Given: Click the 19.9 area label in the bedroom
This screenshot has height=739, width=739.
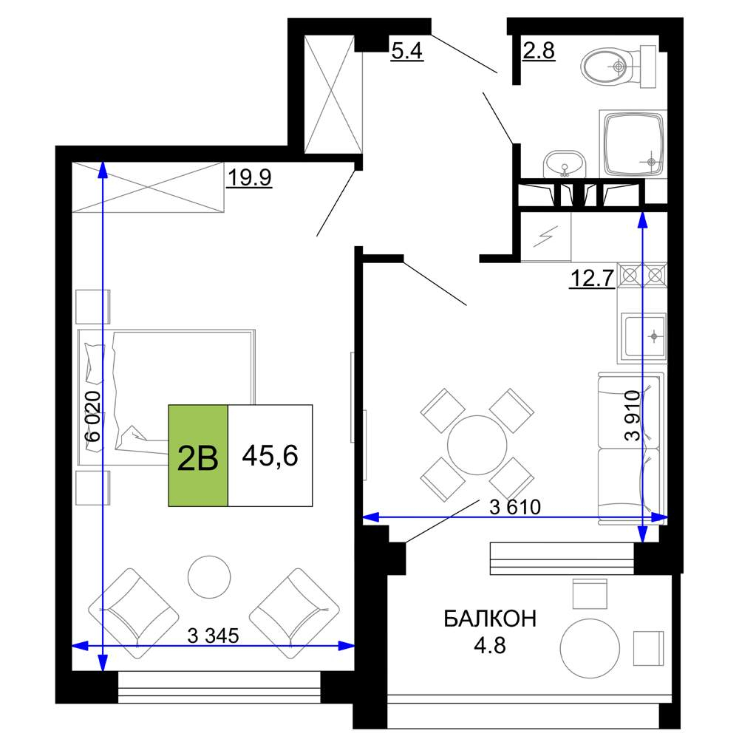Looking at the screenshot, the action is (249, 177).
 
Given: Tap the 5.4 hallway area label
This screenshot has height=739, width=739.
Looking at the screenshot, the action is (407, 50).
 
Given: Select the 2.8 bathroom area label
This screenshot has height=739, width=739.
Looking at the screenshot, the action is (539, 50).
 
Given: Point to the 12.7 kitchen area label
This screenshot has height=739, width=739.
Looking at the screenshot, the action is (592, 278).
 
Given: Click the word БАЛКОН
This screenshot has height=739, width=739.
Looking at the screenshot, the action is (490, 619).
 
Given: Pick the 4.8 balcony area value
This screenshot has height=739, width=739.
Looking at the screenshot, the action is (490, 645).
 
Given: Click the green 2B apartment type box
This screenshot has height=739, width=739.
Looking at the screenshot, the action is (198, 455).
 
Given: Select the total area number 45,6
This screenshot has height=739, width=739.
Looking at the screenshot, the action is (270, 456).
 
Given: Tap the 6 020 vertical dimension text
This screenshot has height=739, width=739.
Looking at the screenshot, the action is (93, 416).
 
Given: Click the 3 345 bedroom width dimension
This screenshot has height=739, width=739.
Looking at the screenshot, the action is (213, 636).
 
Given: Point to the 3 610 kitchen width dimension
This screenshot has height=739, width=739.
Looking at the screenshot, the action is (515, 507).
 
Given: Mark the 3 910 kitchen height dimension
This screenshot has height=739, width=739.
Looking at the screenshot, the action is (632, 415).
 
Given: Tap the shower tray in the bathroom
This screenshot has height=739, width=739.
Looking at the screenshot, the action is (633, 143).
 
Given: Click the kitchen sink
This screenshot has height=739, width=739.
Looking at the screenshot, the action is (644, 336).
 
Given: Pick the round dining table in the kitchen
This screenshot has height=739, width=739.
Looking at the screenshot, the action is (477, 445).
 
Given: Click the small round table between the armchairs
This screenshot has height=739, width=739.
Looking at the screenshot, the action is (209, 577).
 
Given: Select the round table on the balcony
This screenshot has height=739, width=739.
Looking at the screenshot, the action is (590, 649).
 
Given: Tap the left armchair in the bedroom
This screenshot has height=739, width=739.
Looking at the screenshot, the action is (134, 613).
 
